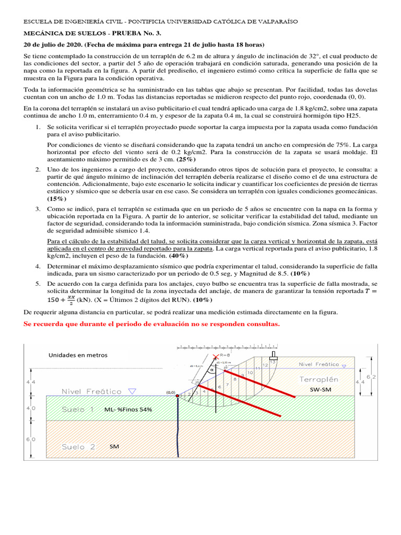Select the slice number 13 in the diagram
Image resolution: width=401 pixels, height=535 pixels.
click(x=272, y=362)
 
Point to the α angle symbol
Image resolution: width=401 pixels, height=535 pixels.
click(x=211, y=369)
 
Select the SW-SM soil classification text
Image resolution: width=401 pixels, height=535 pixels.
click(x=321, y=389)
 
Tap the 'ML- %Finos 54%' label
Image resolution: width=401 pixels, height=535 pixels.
click(x=128, y=410)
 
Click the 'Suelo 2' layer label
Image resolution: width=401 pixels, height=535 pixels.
click(x=78, y=447)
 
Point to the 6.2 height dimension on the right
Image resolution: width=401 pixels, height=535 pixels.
click(x=385, y=376)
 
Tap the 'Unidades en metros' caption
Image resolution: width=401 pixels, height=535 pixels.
click(x=78, y=355)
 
